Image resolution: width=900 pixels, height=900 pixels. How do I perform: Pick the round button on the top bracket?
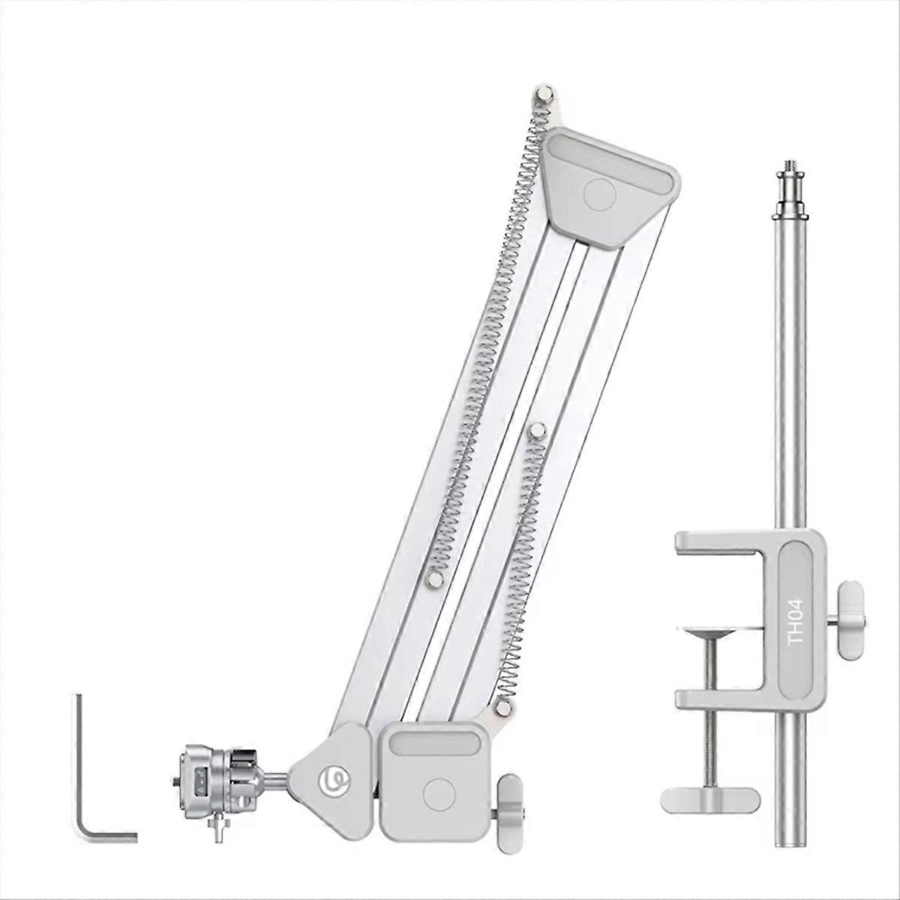(600, 194)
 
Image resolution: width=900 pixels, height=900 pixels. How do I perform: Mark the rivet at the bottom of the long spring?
(433, 579)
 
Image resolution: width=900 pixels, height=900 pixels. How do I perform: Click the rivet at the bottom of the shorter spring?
(501, 709)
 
